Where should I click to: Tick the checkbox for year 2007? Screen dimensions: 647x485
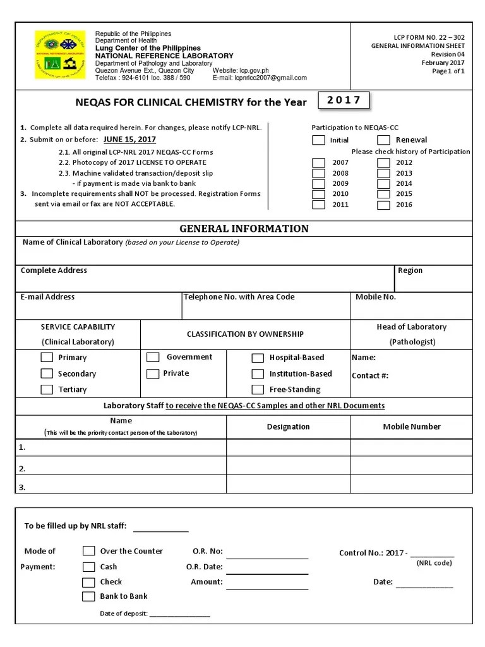(319, 162)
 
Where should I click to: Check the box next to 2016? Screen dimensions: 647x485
(383, 205)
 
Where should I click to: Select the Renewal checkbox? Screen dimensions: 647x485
(383, 140)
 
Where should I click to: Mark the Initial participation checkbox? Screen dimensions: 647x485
(319, 140)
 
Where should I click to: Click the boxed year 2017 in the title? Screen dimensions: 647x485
(344, 100)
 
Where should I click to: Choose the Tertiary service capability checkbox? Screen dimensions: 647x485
(47, 390)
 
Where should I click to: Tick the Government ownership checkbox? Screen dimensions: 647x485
(153, 358)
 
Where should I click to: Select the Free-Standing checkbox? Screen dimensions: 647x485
(258, 390)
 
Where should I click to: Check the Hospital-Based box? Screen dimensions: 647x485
(258, 358)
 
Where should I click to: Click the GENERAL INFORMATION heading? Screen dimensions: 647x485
(244, 229)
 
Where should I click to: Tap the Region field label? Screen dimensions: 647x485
(410, 270)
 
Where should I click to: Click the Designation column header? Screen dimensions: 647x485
(288, 427)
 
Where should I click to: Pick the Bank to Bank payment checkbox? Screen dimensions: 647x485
(88, 596)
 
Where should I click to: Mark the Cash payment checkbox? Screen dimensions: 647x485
(88, 567)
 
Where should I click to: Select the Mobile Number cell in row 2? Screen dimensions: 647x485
(412, 468)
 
